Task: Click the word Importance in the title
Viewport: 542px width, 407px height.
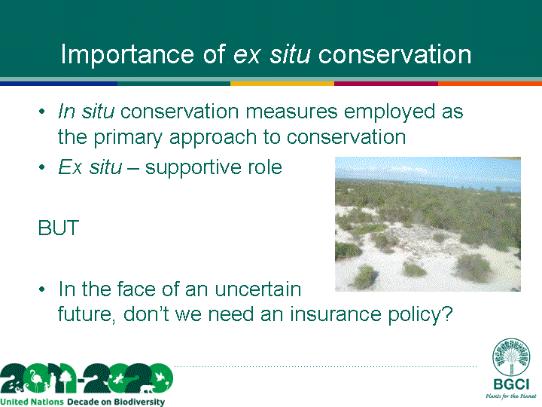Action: (x=127, y=54)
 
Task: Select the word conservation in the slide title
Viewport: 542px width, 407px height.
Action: (x=394, y=54)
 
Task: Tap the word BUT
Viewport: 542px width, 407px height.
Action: (x=59, y=228)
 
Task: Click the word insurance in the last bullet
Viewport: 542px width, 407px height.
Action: (x=335, y=314)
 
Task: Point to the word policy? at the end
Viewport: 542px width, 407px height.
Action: (x=420, y=315)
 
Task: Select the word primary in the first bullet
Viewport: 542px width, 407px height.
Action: (x=128, y=138)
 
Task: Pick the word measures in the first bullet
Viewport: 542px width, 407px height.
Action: (x=291, y=112)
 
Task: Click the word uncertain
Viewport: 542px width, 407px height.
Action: (x=258, y=289)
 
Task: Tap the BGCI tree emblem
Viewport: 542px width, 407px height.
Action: (x=511, y=357)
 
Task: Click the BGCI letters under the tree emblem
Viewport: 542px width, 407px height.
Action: (x=511, y=384)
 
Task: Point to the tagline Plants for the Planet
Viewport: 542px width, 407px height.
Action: (x=511, y=396)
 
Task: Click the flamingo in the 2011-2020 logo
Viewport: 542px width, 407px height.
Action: (x=35, y=380)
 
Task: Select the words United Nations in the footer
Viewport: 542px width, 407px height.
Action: (x=32, y=402)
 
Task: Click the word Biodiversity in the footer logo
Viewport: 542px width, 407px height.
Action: (x=139, y=402)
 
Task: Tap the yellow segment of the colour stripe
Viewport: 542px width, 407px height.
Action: (x=282, y=84)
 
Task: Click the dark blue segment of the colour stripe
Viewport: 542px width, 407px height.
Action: (x=59, y=84)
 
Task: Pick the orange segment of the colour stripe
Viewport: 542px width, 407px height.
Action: (x=490, y=84)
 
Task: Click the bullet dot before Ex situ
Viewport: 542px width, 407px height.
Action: (x=42, y=167)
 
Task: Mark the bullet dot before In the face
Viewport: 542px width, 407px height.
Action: (x=42, y=289)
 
